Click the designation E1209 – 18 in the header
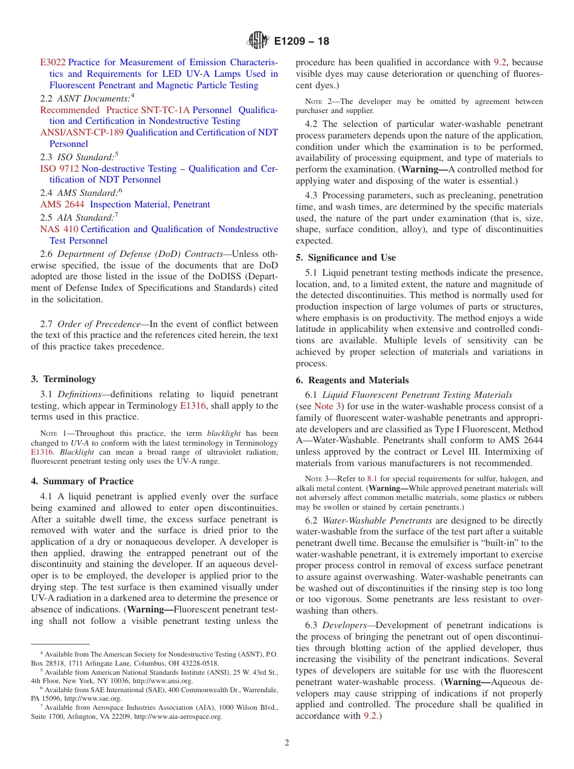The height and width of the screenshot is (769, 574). pos(302,42)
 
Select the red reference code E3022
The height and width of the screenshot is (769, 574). pos(53,62)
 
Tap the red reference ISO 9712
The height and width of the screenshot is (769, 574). pos(59,169)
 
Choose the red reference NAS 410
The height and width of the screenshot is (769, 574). pos(59,229)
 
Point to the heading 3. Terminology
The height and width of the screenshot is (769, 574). pos(63,379)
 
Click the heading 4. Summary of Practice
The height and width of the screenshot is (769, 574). pos(82,481)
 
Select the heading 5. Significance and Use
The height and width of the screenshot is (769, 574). pos(346,258)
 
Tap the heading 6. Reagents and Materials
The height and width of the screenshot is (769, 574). pos(352,380)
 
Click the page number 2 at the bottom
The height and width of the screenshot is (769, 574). pos(287,743)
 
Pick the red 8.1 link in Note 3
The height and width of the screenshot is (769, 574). pos(372,478)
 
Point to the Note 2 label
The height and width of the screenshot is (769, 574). pos(318,102)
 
